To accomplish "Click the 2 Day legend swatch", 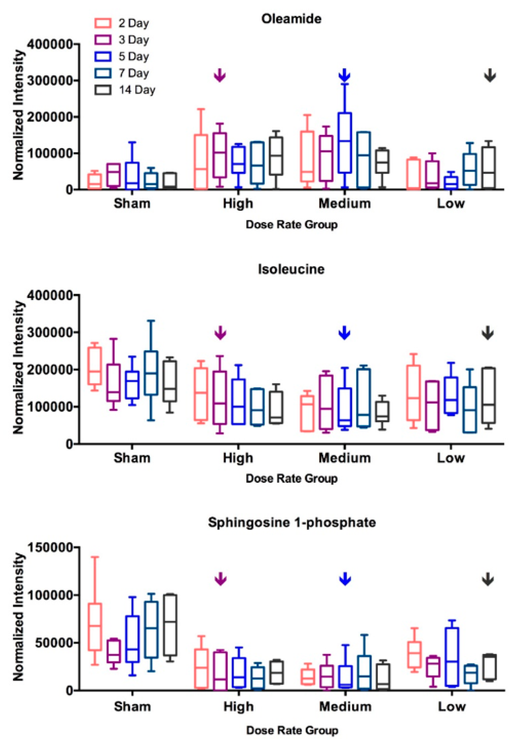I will [x=103, y=23].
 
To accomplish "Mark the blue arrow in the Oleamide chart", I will [x=344, y=75].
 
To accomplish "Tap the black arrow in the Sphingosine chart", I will [x=488, y=579].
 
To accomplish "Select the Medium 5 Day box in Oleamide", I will [x=345, y=143].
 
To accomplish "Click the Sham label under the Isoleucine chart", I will [x=132, y=458].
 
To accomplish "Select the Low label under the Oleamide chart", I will [x=451, y=204].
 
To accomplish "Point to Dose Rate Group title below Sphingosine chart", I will [x=292, y=730].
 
